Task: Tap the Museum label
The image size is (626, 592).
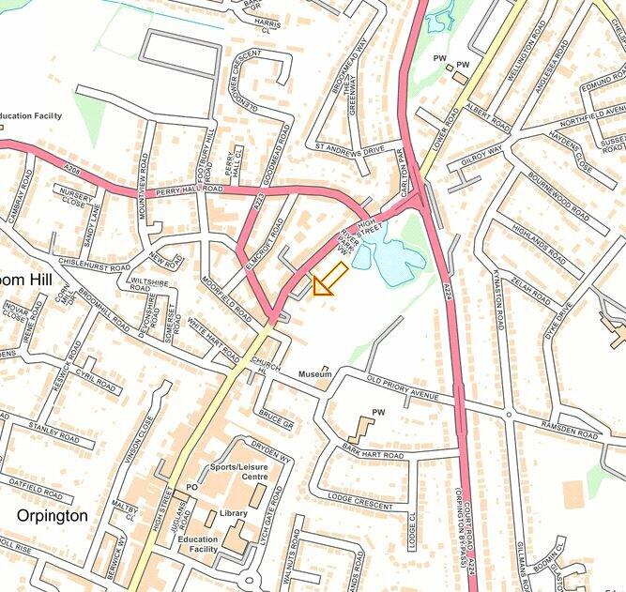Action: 314,374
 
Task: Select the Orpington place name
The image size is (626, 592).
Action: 52,516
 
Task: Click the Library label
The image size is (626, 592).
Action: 233,513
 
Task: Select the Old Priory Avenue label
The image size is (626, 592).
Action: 403,388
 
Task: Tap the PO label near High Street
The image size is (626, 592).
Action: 191,487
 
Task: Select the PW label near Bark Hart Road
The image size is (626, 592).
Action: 379,413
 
